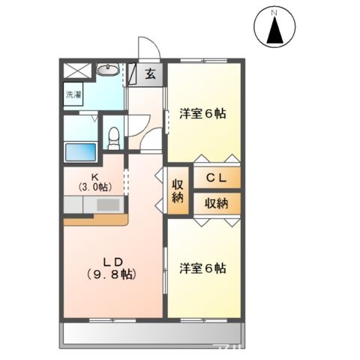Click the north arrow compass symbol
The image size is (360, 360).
tap(275, 28)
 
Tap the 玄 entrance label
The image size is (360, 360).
tap(150, 73)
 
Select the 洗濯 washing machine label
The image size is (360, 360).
tap(73, 95)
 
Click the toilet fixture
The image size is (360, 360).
tap(114, 136)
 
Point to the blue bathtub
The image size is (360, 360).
tap(81, 151)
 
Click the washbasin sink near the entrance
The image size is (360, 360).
tap(108, 71)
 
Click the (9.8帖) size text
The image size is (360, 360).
tap(112, 274)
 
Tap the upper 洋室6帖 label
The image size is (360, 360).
tap(202, 114)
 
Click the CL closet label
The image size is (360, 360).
tap(217, 178)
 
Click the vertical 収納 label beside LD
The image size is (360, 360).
tap(178, 191)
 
